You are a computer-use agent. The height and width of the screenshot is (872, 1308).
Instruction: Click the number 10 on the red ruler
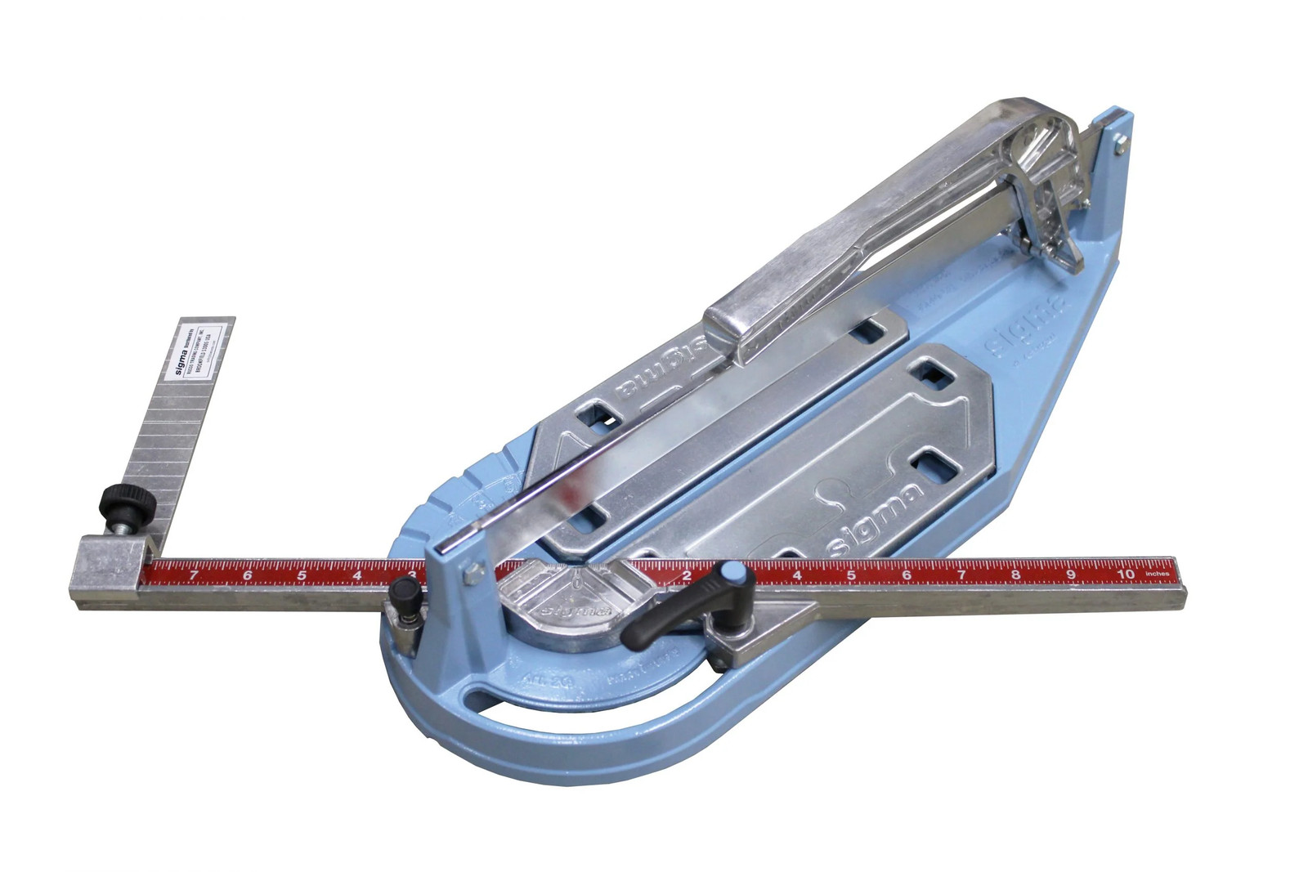[1125, 575]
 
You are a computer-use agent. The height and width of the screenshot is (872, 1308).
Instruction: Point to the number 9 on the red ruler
[1070, 575]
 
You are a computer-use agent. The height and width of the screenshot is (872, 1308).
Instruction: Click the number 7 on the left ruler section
[193, 575]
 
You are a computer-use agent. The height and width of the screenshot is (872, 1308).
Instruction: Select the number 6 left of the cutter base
[248, 575]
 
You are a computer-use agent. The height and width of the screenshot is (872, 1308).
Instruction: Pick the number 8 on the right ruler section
[1015, 575]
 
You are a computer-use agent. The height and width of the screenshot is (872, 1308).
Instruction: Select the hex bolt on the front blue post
[470, 575]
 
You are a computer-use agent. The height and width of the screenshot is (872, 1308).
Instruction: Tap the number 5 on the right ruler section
[851, 575]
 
